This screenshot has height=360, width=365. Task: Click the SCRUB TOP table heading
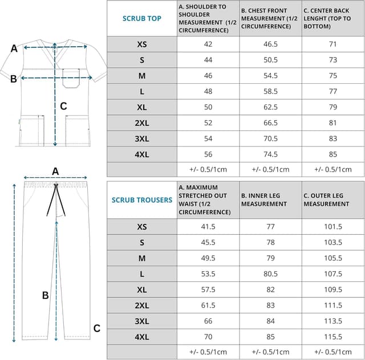[142, 18]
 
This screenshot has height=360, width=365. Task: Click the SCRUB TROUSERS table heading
[142, 200]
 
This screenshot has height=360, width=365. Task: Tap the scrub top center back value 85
[333, 154]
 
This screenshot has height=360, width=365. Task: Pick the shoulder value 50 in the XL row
[208, 107]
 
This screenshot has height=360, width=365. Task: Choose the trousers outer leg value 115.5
[333, 337]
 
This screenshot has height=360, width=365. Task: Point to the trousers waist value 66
[208, 321]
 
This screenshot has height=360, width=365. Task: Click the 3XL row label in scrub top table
[142, 138]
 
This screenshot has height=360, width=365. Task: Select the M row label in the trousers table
[142, 258]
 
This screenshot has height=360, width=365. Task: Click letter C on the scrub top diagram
[63, 105]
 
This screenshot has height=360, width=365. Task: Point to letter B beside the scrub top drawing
[14, 79]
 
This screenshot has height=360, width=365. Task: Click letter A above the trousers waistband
[55, 171]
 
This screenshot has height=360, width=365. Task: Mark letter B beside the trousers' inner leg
[46, 295]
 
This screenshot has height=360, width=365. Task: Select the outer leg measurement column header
[333, 200]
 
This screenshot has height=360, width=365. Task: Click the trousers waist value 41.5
[208, 227]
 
